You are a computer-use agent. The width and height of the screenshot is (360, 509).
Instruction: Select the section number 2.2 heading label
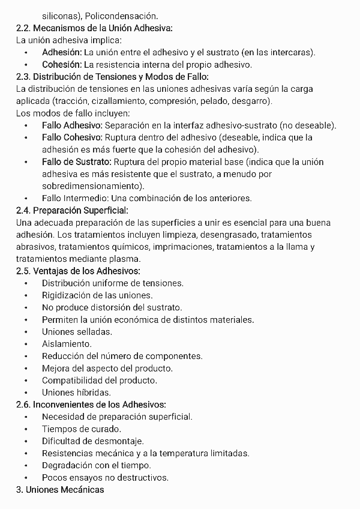click(x=23, y=28)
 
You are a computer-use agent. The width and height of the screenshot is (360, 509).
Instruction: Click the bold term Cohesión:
click(x=62, y=64)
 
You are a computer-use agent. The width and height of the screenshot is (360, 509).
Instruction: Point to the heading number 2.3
click(x=23, y=76)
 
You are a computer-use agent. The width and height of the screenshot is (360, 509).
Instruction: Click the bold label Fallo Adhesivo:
click(x=73, y=125)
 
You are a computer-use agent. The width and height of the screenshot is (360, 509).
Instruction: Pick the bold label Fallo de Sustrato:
click(x=76, y=161)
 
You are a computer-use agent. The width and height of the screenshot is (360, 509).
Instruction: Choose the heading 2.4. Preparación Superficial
click(x=72, y=210)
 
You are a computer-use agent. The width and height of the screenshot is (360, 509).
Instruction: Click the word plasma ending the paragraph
click(x=123, y=259)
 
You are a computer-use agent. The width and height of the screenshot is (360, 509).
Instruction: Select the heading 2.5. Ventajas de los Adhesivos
click(x=78, y=271)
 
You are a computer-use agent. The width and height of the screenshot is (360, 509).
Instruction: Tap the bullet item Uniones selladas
click(x=77, y=331)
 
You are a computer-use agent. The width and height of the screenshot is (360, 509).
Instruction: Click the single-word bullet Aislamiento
click(x=67, y=344)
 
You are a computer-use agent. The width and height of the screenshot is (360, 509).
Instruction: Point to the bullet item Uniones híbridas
click(x=76, y=393)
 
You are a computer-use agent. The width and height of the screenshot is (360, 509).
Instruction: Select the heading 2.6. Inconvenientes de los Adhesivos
click(x=91, y=405)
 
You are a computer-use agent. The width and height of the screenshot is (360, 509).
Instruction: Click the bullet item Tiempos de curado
click(x=81, y=429)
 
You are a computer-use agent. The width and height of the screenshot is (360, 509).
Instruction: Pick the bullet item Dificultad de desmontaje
click(x=91, y=441)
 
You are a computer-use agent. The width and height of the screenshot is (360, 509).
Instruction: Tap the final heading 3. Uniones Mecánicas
click(x=60, y=490)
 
